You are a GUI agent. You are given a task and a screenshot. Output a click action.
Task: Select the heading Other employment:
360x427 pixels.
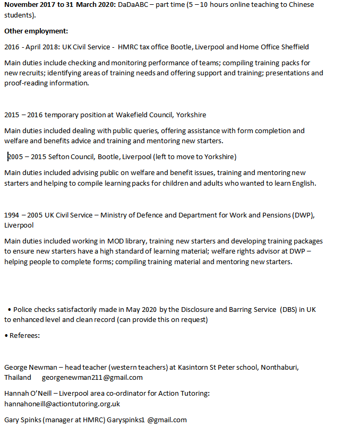click(36, 31)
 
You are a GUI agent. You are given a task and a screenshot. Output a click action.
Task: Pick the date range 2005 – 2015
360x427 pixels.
click(27, 157)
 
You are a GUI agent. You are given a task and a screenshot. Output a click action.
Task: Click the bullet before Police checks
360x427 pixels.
click(10, 310)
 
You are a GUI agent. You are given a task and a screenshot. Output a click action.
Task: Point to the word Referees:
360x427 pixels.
click(25, 336)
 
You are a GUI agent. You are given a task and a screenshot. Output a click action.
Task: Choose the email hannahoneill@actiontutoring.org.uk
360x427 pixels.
click(62, 404)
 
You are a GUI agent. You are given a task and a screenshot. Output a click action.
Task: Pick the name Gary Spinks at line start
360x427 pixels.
click(22, 420)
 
